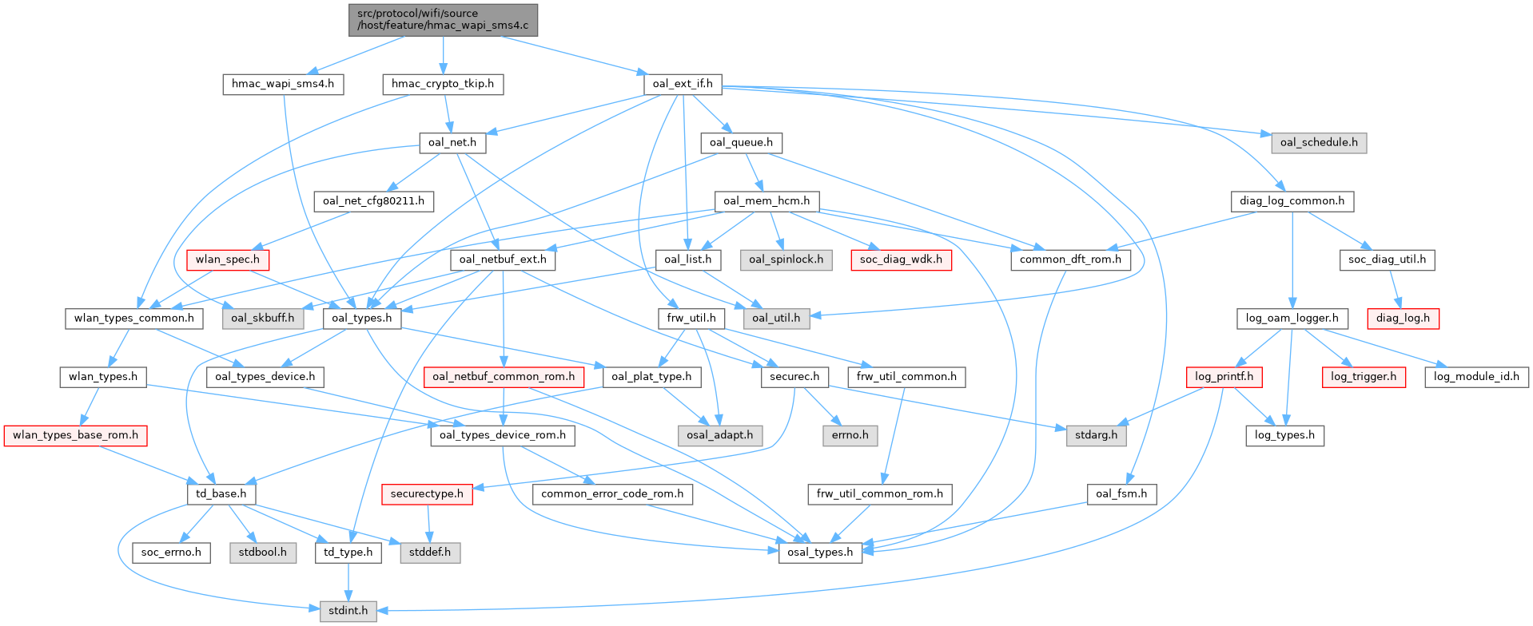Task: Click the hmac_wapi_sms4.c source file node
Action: click(443, 19)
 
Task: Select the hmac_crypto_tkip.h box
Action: click(443, 84)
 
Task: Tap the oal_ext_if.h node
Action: click(683, 84)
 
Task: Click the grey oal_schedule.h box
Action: click(1319, 143)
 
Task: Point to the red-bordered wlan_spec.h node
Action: click(228, 260)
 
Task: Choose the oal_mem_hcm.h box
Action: click(766, 201)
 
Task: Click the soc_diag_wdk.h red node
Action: click(901, 260)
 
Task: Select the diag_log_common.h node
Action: click(1292, 201)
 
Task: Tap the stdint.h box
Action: click(348, 611)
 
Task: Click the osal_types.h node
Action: click(820, 553)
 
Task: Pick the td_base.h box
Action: click(221, 494)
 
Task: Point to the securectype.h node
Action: click(427, 494)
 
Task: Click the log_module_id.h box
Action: click(1476, 377)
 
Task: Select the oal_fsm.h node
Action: click(1121, 494)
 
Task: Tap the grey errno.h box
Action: click(850, 435)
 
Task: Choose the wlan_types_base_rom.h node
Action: click(75, 435)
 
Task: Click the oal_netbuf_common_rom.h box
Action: click(504, 377)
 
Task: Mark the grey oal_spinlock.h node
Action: click(786, 260)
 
